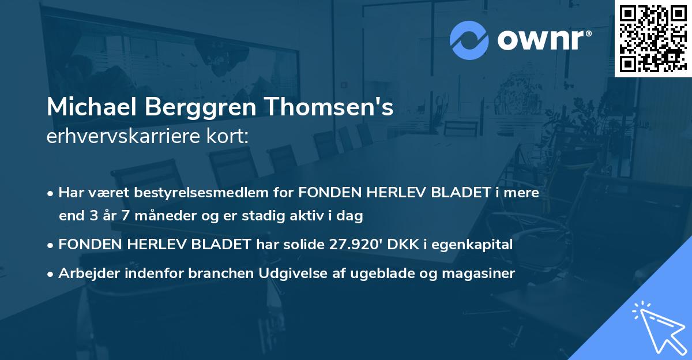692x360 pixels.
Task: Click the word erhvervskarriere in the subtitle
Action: tap(118, 136)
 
